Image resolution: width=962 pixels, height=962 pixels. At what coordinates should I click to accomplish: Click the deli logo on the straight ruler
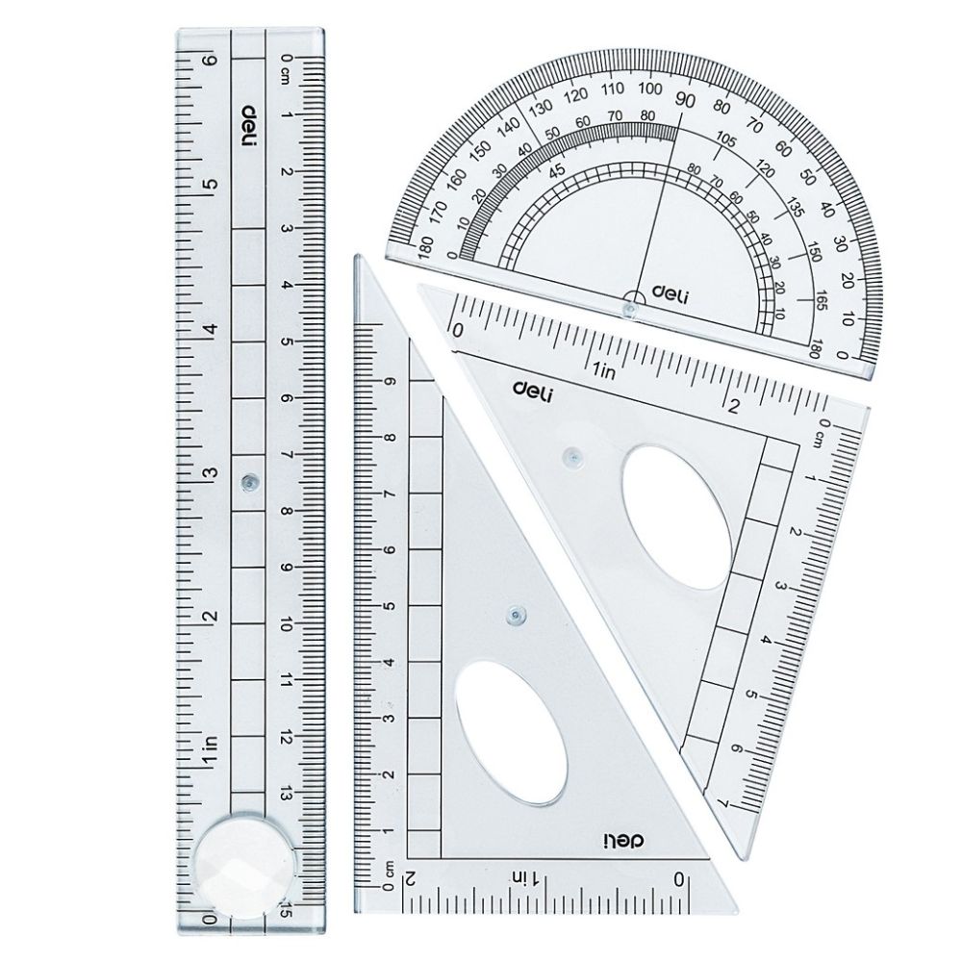point(249,126)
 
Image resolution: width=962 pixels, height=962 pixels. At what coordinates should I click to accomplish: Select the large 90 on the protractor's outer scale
point(685,100)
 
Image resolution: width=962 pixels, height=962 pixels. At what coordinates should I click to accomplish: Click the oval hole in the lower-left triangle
point(512,732)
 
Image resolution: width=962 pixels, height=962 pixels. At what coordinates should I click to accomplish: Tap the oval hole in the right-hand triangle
point(677,517)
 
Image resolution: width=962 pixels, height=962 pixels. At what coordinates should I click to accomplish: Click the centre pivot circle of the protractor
point(629,305)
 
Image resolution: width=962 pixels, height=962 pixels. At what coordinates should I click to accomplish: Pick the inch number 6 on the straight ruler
point(212,60)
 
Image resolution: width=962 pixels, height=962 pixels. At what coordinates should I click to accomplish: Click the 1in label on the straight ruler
point(212,751)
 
